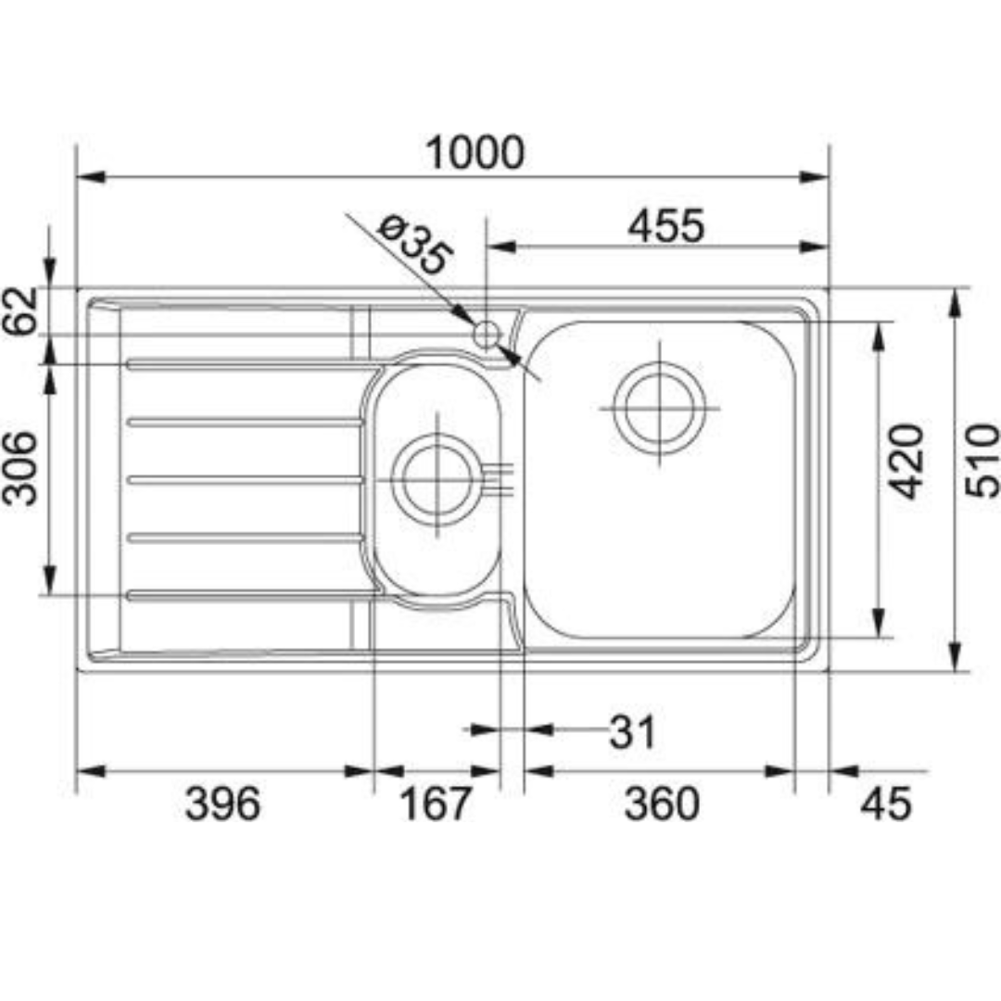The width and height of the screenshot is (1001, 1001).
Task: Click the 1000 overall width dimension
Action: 474,153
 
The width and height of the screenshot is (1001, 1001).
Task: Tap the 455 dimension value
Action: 665,225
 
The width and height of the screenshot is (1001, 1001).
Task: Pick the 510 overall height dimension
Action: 982,461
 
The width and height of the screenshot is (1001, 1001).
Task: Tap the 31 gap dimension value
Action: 632,733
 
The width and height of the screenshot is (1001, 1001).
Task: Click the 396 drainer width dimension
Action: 222,804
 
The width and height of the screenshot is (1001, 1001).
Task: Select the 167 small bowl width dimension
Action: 436,804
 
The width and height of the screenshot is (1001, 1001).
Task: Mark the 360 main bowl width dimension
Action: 661,804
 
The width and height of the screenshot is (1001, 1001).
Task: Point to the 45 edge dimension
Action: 885,804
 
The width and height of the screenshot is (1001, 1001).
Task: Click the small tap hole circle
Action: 486,334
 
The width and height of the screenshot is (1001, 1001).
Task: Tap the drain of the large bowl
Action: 660,408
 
